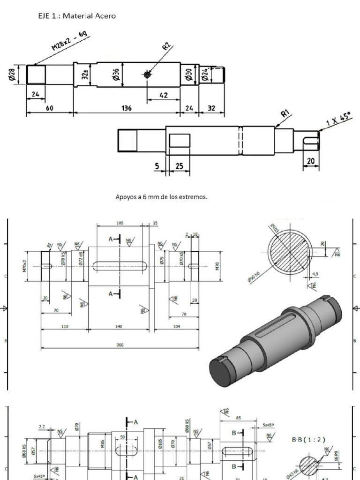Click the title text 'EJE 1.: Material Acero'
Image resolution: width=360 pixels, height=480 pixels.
coord(77,16)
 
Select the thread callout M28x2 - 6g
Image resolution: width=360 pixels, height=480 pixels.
coord(70,42)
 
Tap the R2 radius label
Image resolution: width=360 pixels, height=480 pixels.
coord(167,47)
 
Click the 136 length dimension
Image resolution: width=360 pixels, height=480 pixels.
coord(127,108)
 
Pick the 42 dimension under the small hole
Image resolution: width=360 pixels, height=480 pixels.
coord(164,95)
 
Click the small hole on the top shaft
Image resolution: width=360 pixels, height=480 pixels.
coord(147,75)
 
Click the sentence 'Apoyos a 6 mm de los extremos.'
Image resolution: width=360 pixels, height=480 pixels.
coord(161,197)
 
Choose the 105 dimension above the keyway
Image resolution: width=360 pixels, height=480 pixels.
coord(120,223)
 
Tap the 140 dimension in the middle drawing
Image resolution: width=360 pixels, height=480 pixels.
coord(119,326)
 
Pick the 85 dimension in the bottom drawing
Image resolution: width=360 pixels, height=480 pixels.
coord(239,418)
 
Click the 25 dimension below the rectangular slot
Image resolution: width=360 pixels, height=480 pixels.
coord(179,166)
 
